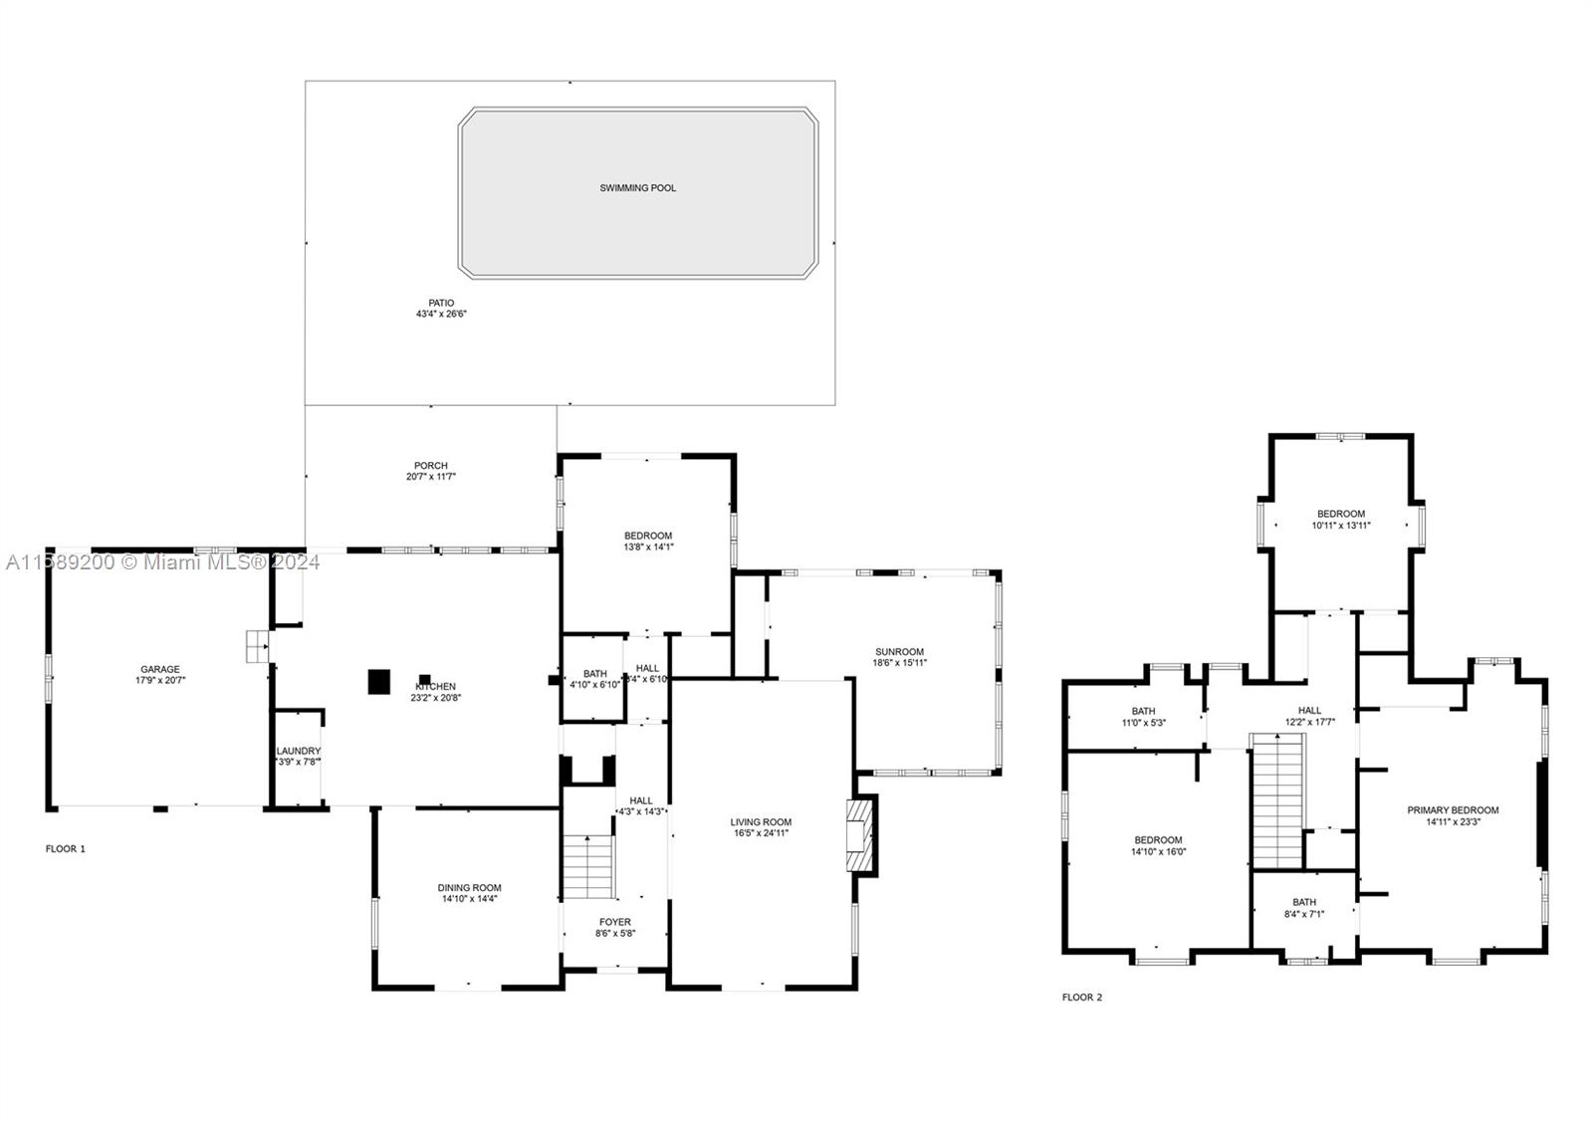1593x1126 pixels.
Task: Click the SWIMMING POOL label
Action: tap(637, 187)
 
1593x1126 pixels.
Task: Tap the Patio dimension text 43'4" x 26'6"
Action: tap(441, 314)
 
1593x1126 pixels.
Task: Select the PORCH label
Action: tap(431, 465)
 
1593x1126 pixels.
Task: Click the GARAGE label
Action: tap(159, 669)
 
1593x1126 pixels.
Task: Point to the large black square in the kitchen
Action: tap(378, 681)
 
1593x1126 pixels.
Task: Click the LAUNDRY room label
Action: tap(299, 751)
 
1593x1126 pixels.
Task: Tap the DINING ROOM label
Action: tap(469, 887)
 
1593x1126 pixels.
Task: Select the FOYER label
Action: tap(614, 922)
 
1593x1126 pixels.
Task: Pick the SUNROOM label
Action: tap(899, 652)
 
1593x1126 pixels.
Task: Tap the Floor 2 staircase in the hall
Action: tap(1276, 799)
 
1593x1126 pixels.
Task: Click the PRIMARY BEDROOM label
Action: tap(1453, 809)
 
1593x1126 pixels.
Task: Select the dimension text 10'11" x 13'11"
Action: tap(1340, 526)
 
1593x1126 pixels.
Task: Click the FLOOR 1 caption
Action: tap(66, 849)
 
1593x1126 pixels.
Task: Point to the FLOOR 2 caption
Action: tap(1082, 997)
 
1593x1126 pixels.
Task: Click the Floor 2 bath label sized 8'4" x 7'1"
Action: tap(1303, 902)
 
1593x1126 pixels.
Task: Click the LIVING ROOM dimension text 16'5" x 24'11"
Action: tap(761, 833)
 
